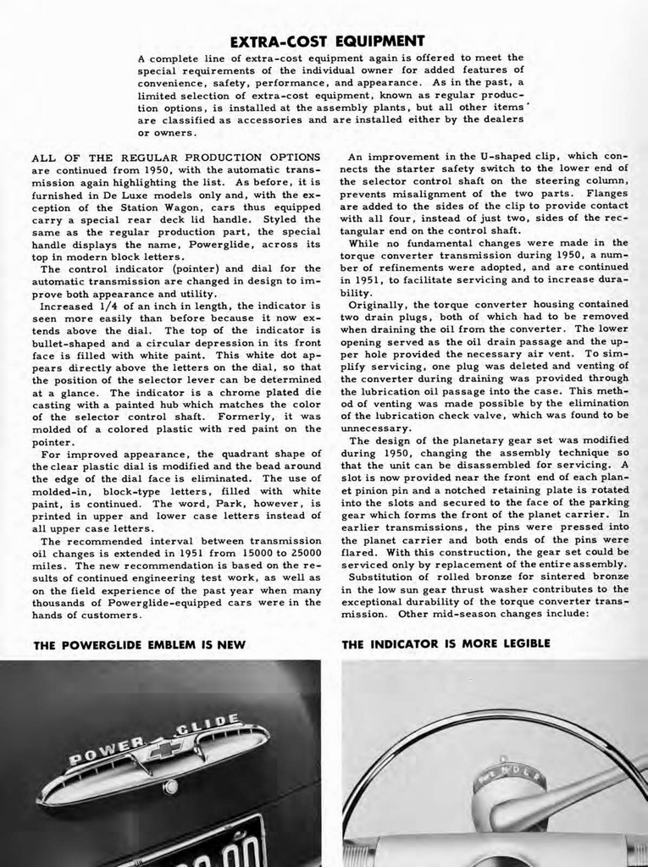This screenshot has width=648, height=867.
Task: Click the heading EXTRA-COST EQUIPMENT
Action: (327, 41)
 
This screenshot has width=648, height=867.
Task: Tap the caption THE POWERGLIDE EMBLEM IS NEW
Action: (139, 644)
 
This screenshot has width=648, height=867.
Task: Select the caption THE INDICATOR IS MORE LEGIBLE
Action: (446, 643)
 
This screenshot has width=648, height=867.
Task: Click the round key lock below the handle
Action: (170, 787)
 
